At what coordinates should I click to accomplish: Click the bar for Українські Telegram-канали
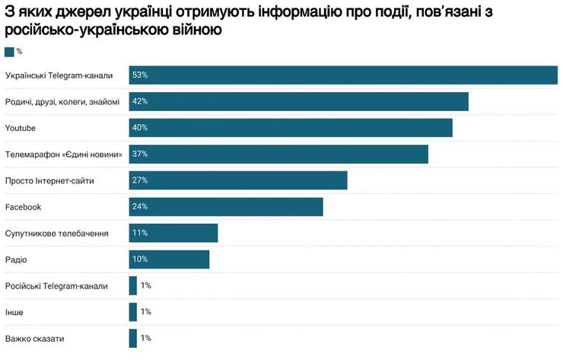pyautogui.click(x=343, y=75)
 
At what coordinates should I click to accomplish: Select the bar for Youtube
pyautogui.click(x=291, y=128)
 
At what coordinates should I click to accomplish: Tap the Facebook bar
pyautogui.click(x=226, y=207)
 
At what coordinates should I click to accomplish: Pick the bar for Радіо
pyautogui.click(x=169, y=260)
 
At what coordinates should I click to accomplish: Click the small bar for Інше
pyautogui.click(x=133, y=312)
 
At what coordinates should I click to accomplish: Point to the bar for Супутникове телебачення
pyautogui.click(x=173, y=233)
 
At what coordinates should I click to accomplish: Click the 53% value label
pyautogui.click(x=140, y=75)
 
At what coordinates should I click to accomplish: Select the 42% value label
pyautogui.click(x=140, y=101)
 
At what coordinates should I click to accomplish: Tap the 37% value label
pyautogui.click(x=140, y=154)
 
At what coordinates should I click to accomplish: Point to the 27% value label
pyautogui.click(x=140, y=180)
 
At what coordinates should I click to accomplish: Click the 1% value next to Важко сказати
pyautogui.click(x=146, y=338)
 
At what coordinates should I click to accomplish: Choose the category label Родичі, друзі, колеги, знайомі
pyautogui.click(x=62, y=102)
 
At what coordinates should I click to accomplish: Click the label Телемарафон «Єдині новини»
pyautogui.click(x=64, y=155)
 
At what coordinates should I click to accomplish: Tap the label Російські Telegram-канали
pyautogui.click(x=56, y=286)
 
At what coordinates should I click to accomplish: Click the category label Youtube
pyautogui.click(x=21, y=128)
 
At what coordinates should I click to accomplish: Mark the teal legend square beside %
pyautogui.click(x=9, y=52)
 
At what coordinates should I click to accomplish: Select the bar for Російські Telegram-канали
pyautogui.click(x=133, y=285)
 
